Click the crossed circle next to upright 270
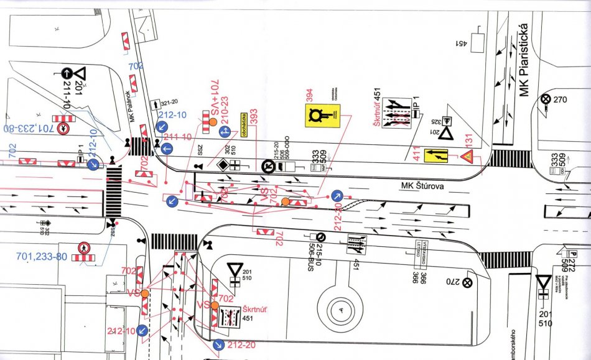click(546, 99)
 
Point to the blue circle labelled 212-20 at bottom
click(218, 344)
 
